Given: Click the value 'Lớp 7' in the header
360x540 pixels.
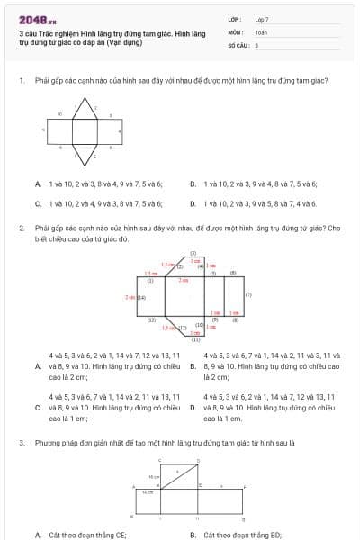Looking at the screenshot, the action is coord(262,18).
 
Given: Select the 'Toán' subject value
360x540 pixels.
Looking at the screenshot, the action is coord(261,31).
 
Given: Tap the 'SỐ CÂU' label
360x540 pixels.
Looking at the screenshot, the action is coord(238,44).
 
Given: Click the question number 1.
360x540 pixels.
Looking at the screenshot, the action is coord(21,80).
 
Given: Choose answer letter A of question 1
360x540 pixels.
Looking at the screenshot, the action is coord(37,184).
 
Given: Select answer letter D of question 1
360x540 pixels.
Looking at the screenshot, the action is coord(193,203).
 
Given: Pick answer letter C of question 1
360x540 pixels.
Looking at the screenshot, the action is coord(37,203).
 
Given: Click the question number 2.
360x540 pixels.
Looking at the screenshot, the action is coord(21,229).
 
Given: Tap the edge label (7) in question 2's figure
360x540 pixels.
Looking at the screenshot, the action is coord(248,295).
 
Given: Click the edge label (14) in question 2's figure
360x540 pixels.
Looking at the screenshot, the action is coord(140,296).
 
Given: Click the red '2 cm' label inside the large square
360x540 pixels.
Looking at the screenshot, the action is coord(183,281).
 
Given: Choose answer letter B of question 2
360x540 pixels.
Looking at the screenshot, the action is coord(193,366).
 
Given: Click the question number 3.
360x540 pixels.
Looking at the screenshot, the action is coord(21,444).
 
